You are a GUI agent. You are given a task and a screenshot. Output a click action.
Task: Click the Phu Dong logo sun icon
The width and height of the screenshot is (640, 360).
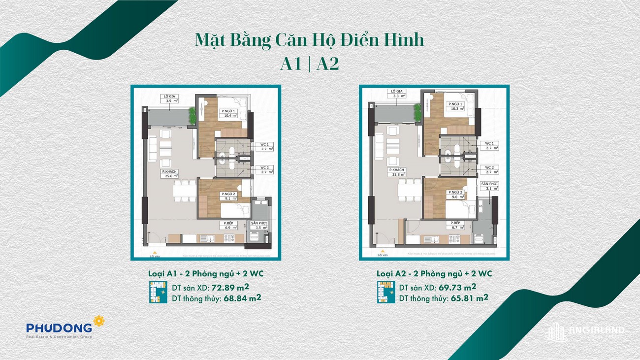[99, 321]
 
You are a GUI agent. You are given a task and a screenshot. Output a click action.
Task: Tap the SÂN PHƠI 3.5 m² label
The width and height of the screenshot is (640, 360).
[258, 225]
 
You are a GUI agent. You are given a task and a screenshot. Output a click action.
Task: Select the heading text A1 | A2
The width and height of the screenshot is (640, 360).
[309, 64]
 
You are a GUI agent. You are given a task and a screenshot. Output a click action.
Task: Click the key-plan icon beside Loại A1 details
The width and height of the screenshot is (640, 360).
[156, 292]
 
